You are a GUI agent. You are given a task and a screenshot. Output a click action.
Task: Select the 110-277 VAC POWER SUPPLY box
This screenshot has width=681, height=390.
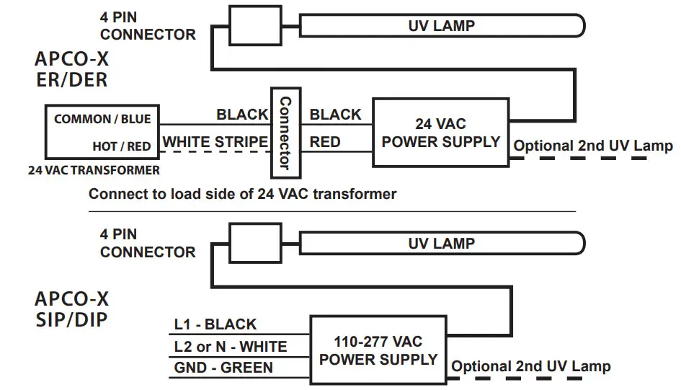pos(378,350)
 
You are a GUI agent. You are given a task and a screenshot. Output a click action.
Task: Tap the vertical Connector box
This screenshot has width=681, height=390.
pos(285,133)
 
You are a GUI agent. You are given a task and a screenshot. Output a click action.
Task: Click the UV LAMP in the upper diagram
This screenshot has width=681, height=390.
pos(441,26)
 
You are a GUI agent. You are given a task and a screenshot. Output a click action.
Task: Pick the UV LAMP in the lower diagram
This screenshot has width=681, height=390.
pos(441,243)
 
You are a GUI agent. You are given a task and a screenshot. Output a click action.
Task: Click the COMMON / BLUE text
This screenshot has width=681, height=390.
pos(102,119)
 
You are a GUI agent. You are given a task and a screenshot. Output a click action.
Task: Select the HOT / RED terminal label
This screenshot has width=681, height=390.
pos(122,146)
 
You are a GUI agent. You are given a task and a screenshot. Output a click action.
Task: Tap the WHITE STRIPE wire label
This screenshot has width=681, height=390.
pos(215,142)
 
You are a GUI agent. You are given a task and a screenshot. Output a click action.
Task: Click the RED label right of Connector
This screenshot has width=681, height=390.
pos(324,142)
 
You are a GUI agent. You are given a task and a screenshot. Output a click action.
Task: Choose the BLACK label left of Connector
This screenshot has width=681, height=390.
pos(242,115)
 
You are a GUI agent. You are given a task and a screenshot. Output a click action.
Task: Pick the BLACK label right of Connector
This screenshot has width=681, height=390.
pos(335,115)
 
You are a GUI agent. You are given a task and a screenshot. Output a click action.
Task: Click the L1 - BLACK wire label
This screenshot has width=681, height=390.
pos(215,324)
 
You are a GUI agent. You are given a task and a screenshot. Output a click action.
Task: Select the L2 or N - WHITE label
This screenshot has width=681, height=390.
pos(230,347)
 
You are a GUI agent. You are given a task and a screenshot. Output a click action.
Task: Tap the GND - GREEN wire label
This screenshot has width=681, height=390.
pos(223,368)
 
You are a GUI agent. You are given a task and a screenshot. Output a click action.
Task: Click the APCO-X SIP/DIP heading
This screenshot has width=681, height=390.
pos(71,309)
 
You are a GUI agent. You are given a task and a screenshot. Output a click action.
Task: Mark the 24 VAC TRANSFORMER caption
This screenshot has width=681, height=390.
pos(94,171)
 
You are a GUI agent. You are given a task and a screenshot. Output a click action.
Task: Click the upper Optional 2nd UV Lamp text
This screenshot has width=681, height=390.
pos(592,146)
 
